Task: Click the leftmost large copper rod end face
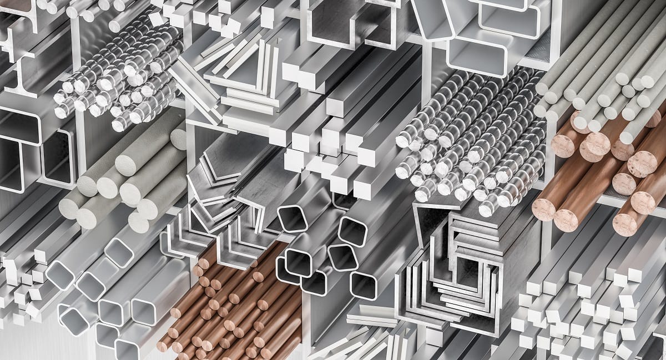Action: pyautogui.click(x=544, y=210)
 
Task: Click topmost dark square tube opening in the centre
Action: pyautogui.click(x=292, y=218)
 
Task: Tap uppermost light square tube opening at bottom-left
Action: pyautogui.click(x=119, y=252)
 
